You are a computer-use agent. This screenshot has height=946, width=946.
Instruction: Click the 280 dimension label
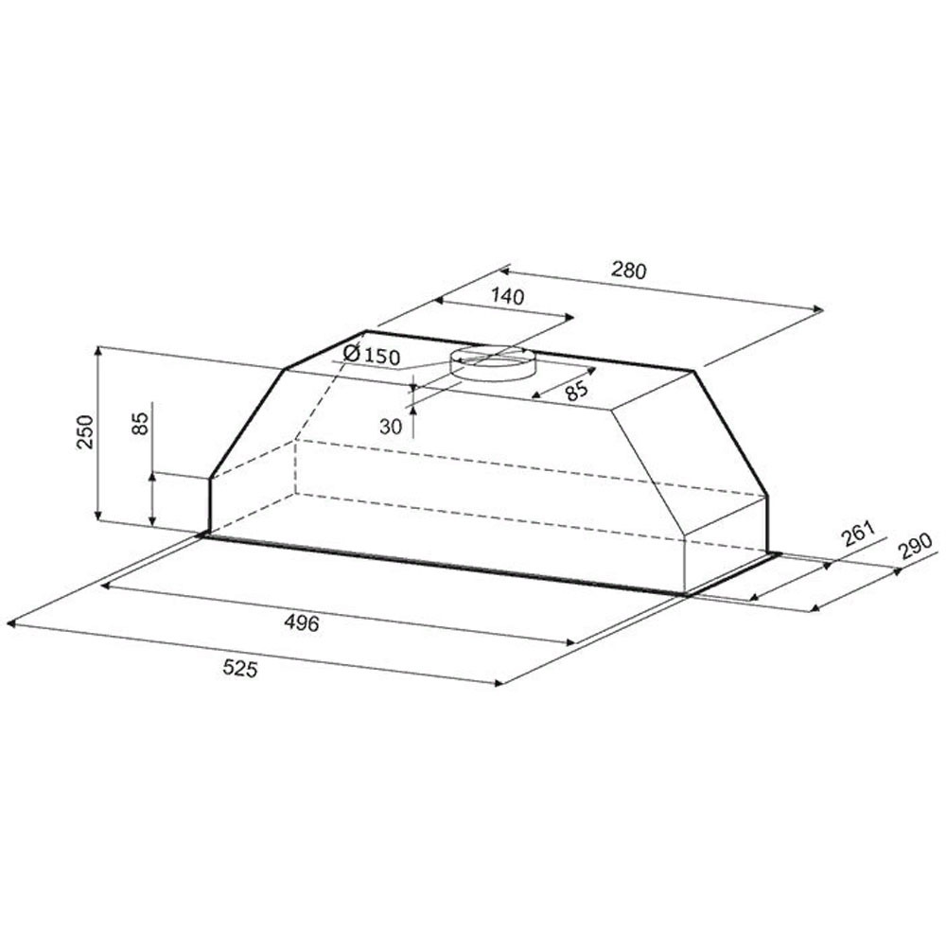coord(629,271)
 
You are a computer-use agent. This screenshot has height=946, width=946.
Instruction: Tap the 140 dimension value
coord(507,296)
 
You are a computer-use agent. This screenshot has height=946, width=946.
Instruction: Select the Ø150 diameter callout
coord(371,355)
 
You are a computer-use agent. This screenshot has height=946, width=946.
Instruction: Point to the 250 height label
coord(86,431)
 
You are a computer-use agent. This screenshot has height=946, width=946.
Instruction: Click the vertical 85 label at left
coord(139,423)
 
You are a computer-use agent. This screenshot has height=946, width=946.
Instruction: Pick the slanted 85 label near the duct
coord(576,392)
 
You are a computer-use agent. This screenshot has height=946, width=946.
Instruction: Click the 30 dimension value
coord(391,428)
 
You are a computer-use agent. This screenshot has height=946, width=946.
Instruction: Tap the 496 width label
coord(302,622)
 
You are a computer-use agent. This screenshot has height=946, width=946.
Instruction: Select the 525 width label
coord(240,669)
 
